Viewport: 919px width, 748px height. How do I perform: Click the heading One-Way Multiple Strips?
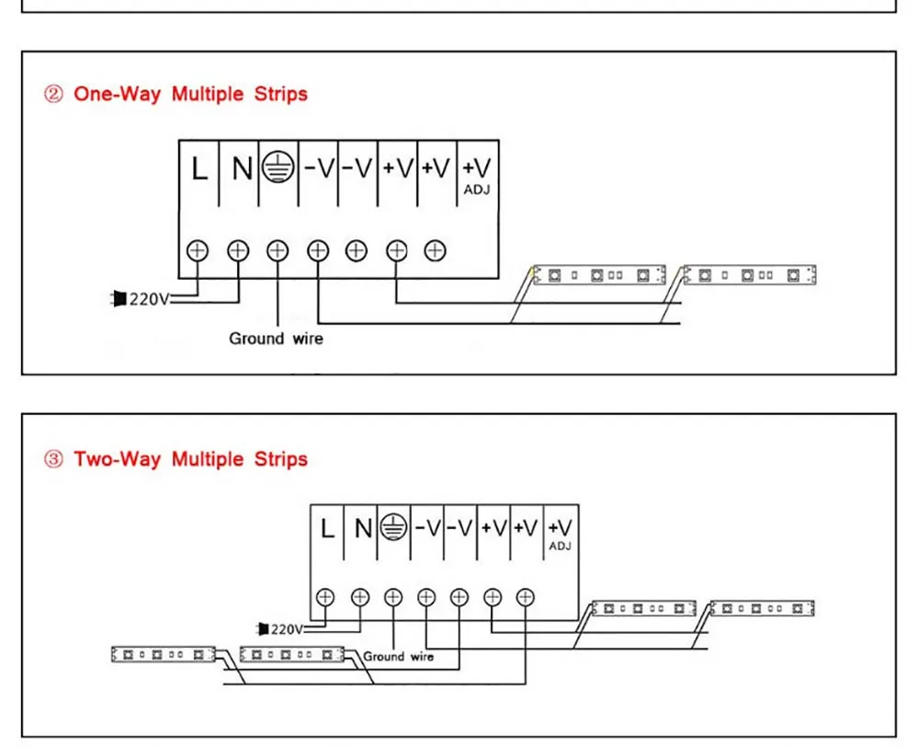point(190,94)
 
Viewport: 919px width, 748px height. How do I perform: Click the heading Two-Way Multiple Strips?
point(190,459)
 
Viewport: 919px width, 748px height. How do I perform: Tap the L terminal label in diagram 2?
point(199,168)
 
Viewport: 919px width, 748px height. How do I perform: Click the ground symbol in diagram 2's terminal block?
point(277,167)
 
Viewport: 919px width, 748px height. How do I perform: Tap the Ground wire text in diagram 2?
point(276,339)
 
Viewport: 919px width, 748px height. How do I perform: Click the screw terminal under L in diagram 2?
point(199,249)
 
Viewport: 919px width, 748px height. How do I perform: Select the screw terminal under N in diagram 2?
point(238,249)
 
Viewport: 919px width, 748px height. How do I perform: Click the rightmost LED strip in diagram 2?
point(748,274)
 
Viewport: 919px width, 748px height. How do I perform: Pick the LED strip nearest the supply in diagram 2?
point(599,274)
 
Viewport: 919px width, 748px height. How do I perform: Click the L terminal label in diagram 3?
point(327,528)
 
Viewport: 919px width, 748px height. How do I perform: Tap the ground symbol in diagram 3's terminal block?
point(393,527)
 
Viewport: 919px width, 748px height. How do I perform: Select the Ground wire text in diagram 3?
point(398,657)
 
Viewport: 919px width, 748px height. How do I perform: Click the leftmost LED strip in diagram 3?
point(163,654)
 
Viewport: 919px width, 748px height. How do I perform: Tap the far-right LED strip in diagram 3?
point(763,608)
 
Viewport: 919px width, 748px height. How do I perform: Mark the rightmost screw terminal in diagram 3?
point(525,596)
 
